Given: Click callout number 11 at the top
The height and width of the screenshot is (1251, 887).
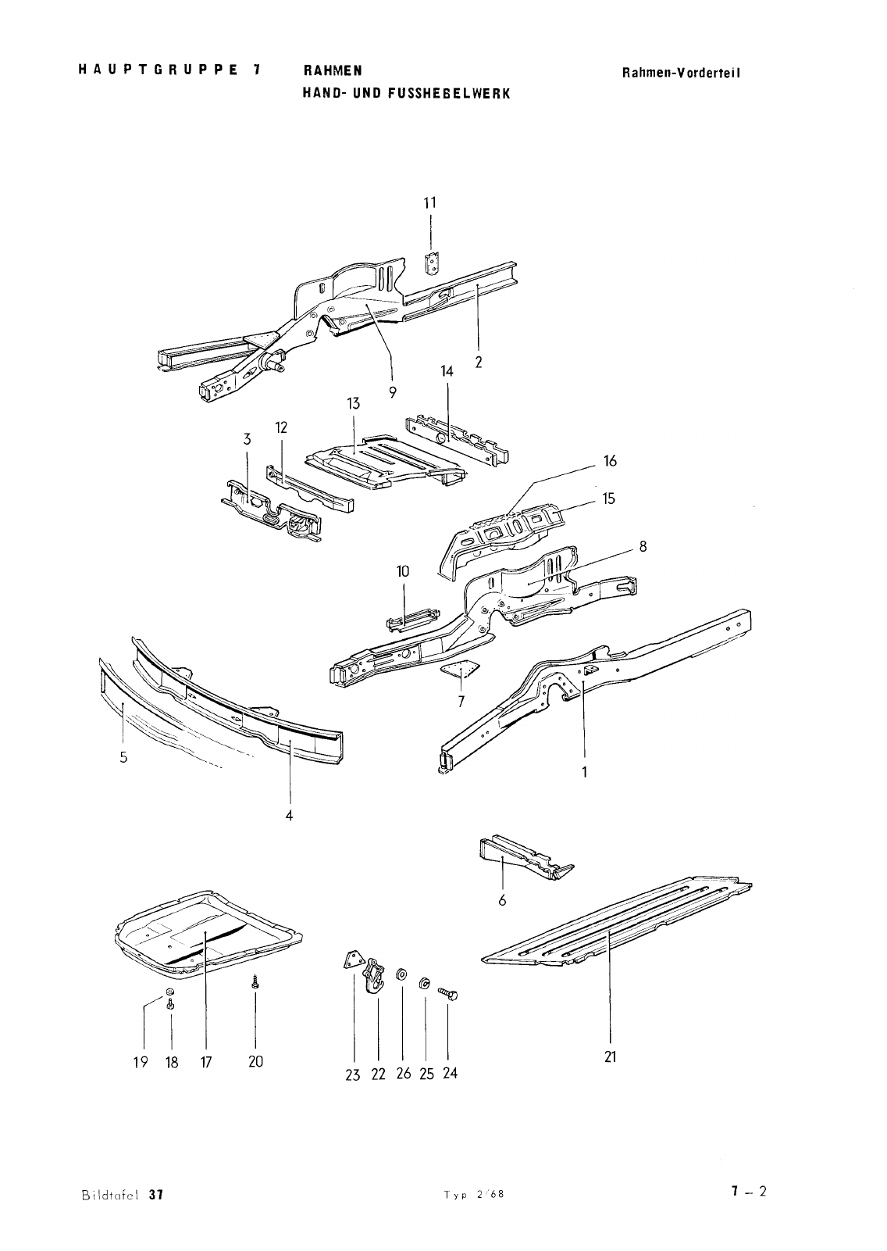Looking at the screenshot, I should point(429,202).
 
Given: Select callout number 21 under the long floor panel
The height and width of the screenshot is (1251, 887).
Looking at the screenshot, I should point(610,1056).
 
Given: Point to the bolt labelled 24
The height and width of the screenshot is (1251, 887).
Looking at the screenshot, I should point(449,994).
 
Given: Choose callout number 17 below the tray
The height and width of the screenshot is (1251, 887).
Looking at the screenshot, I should point(205,1062).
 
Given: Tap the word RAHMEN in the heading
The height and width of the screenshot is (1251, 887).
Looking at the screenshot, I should point(332,70).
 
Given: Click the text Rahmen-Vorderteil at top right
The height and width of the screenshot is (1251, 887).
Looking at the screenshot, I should point(681,73).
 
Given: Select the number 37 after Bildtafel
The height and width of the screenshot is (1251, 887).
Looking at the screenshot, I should point(154,1195).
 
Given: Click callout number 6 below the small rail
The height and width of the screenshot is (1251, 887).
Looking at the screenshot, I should point(502,900).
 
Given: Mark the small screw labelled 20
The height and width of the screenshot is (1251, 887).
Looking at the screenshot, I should point(255,983).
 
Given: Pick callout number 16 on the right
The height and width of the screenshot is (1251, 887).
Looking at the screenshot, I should point(610,461).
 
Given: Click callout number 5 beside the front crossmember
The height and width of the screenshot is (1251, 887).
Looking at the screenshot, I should point(123,757).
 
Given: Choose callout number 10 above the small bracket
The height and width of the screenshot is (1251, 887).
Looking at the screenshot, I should point(403,571).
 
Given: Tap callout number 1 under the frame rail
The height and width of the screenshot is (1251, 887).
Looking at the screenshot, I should point(584,772).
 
